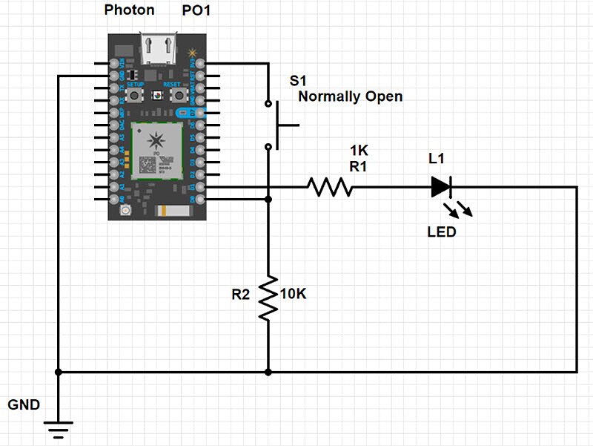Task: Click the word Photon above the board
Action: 129,10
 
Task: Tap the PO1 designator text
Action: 198,10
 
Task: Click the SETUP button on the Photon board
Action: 135,96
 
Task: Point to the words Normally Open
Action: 350,96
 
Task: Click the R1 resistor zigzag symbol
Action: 331,187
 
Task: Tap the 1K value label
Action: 360,151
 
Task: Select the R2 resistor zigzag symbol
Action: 268,298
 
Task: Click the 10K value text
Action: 293,294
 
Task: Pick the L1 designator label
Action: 438,159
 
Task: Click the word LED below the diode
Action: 442,232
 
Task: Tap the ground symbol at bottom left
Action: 58,426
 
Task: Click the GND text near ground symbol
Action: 24,404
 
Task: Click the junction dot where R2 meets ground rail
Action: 268,371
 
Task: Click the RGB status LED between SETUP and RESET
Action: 157,96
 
